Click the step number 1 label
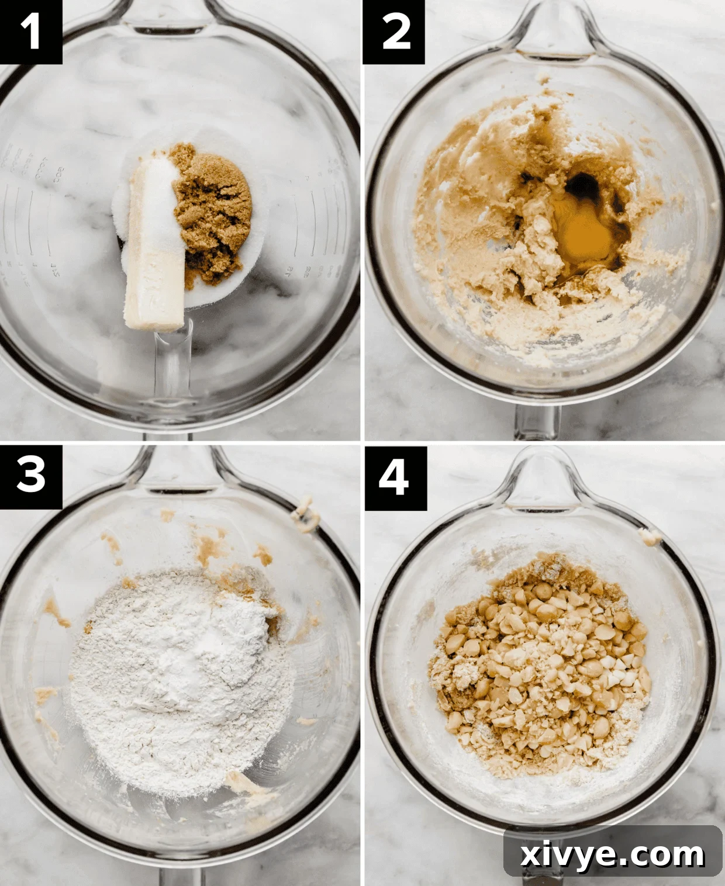pyautogui.click(x=30, y=32)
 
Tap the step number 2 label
pyautogui.click(x=393, y=32)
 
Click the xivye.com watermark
pyautogui.click(x=612, y=855)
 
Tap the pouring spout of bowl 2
pyautogui.click(x=552, y=29)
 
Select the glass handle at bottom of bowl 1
pyautogui.click(x=173, y=374)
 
